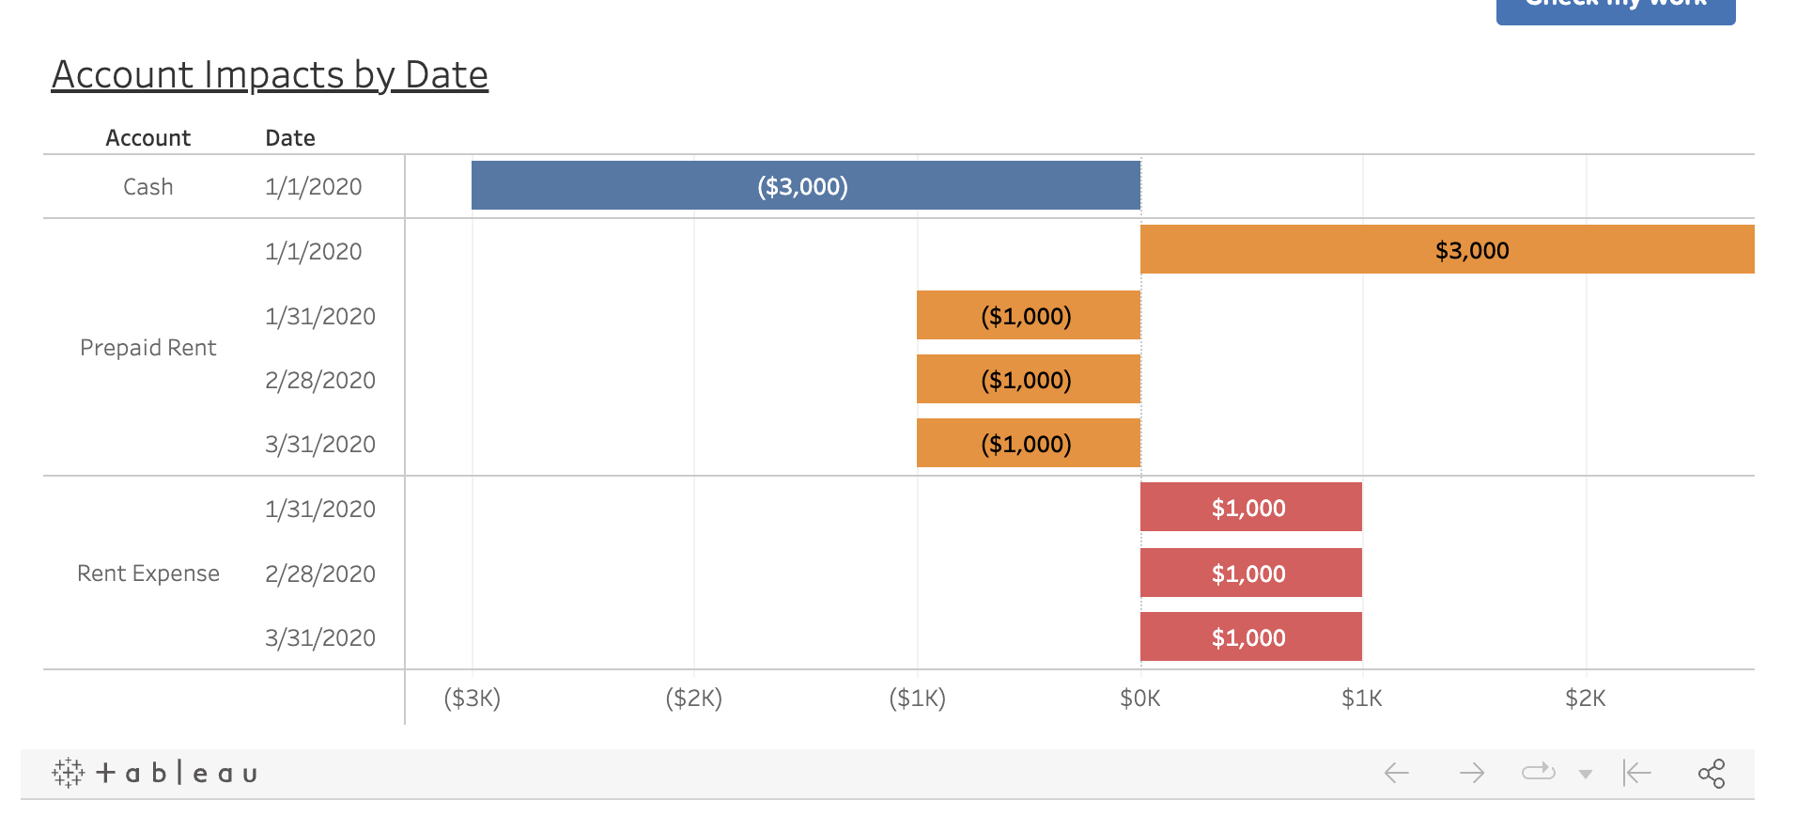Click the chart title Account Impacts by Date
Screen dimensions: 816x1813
270,75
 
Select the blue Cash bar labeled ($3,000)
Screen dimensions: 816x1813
805,185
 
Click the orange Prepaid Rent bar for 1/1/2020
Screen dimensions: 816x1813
1447,249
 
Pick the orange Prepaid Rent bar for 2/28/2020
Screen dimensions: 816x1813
1028,379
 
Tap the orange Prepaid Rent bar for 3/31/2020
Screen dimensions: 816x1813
1028,443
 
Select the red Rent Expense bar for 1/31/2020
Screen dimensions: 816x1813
1250,507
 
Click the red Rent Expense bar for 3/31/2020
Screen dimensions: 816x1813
1250,636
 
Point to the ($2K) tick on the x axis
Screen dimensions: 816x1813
693,698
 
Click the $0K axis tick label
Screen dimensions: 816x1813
1139,698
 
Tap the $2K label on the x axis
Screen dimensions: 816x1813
1585,698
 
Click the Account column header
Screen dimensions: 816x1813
147,138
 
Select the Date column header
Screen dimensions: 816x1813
289,138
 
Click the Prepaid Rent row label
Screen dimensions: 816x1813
147,348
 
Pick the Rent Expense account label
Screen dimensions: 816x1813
147,573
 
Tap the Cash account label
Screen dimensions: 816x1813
147,187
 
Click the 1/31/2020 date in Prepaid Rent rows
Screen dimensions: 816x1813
319,316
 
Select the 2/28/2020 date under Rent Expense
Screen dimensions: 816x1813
319,573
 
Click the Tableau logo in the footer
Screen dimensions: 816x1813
155,774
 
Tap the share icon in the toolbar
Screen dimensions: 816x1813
1711,774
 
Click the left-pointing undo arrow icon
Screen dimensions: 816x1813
1396,774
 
